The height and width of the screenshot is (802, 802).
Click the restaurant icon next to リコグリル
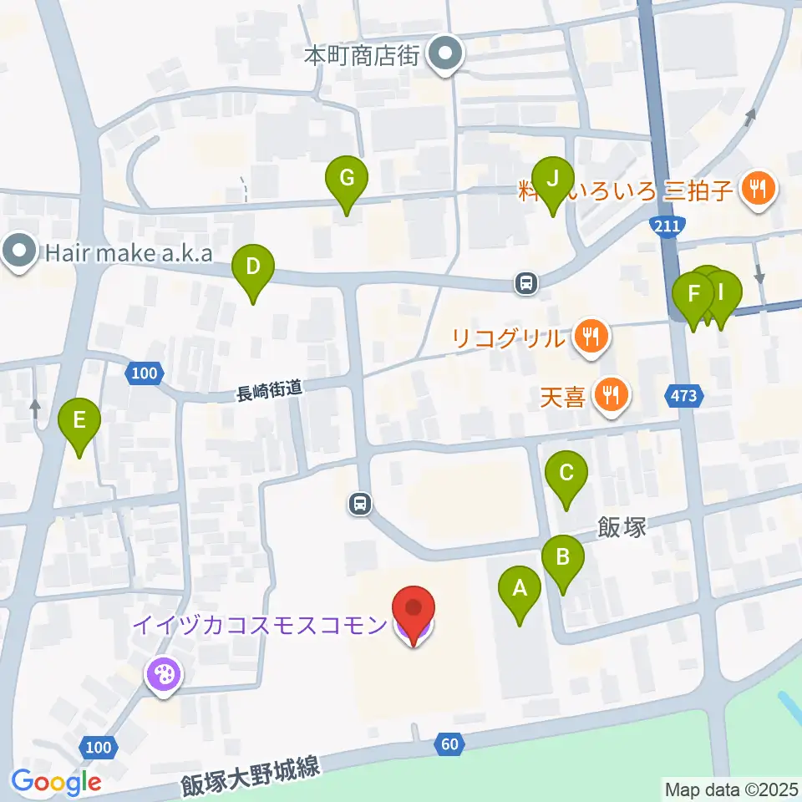click(591, 338)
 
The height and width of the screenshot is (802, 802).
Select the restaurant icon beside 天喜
click(612, 394)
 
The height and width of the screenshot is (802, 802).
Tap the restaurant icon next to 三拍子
click(758, 190)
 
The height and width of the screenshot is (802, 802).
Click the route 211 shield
click(667, 225)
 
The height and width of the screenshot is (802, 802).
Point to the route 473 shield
click(683, 396)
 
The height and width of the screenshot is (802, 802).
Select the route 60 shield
click(449, 744)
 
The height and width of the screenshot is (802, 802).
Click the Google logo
click(57, 783)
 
